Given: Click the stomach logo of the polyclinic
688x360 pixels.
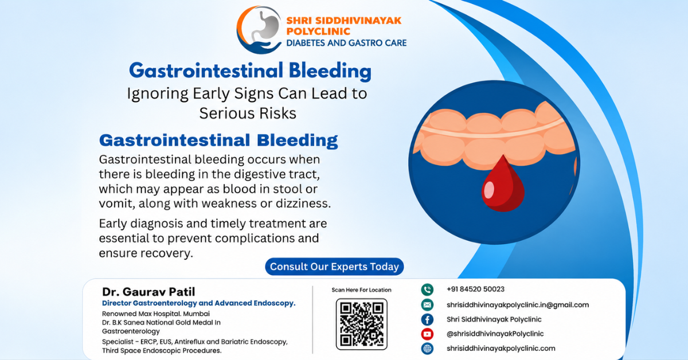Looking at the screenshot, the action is pyautogui.click(x=259, y=30).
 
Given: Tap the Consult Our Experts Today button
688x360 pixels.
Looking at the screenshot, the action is pyautogui.click(x=334, y=267).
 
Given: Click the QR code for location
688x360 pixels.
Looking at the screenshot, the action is pyautogui.click(x=362, y=324).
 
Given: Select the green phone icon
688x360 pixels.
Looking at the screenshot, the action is pyautogui.click(x=427, y=289).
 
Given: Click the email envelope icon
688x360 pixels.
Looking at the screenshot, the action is pyautogui.click(x=427, y=305).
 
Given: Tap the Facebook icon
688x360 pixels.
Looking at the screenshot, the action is pyautogui.click(x=427, y=319).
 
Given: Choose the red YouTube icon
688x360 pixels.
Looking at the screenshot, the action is pyautogui.click(x=427, y=334).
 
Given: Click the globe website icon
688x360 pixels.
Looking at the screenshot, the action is pyautogui.click(x=427, y=349).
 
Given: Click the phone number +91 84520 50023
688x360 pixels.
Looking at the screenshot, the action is pyautogui.click(x=475, y=289).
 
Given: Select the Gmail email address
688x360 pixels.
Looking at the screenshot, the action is pyautogui.click(x=518, y=305).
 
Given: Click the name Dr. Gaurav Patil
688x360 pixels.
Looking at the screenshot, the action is pyautogui.click(x=148, y=292).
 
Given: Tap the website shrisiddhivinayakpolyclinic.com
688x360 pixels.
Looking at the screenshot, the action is pyautogui.click(x=501, y=349).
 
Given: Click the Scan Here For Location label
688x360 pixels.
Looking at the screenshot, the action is pyautogui.click(x=361, y=290).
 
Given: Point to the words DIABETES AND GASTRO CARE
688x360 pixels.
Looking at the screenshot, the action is pyautogui.click(x=346, y=43).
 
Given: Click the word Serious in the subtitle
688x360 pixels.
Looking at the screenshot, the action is pyautogui.click(x=227, y=114).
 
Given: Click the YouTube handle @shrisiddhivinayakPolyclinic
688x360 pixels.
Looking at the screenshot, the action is pyautogui.click(x=495, y=334).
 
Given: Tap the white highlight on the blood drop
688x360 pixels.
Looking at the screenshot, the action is pyautogui.click(x=488, y=190).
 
